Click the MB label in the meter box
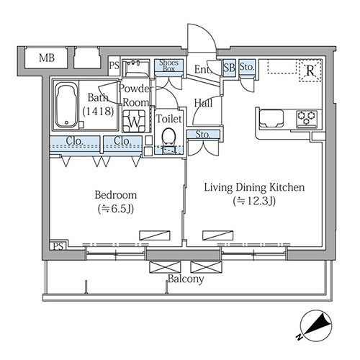[x=47, y=58]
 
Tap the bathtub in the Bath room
[x=66, y=105]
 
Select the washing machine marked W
[x=134, y=121]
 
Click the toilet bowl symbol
[x=168, y=136]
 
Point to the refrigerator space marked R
[x=310, y=71]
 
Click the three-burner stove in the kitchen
[x=307, y=119]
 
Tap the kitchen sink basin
[x=271, y=118]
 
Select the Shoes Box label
[x=169, y=66]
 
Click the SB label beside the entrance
[x=229, y=68]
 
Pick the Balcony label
[x=186, y=279]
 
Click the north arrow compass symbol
[x=316, y=325]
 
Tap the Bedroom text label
[x=116, y=195]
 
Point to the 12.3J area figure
[x=254, y=201]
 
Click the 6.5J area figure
[x=116, y=209]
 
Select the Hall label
[x=203, y=103]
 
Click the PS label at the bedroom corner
[x=58, y=246]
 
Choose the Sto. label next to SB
[x=247, y=67]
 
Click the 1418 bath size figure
[x=98, y=112]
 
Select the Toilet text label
[x=169, y=119]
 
